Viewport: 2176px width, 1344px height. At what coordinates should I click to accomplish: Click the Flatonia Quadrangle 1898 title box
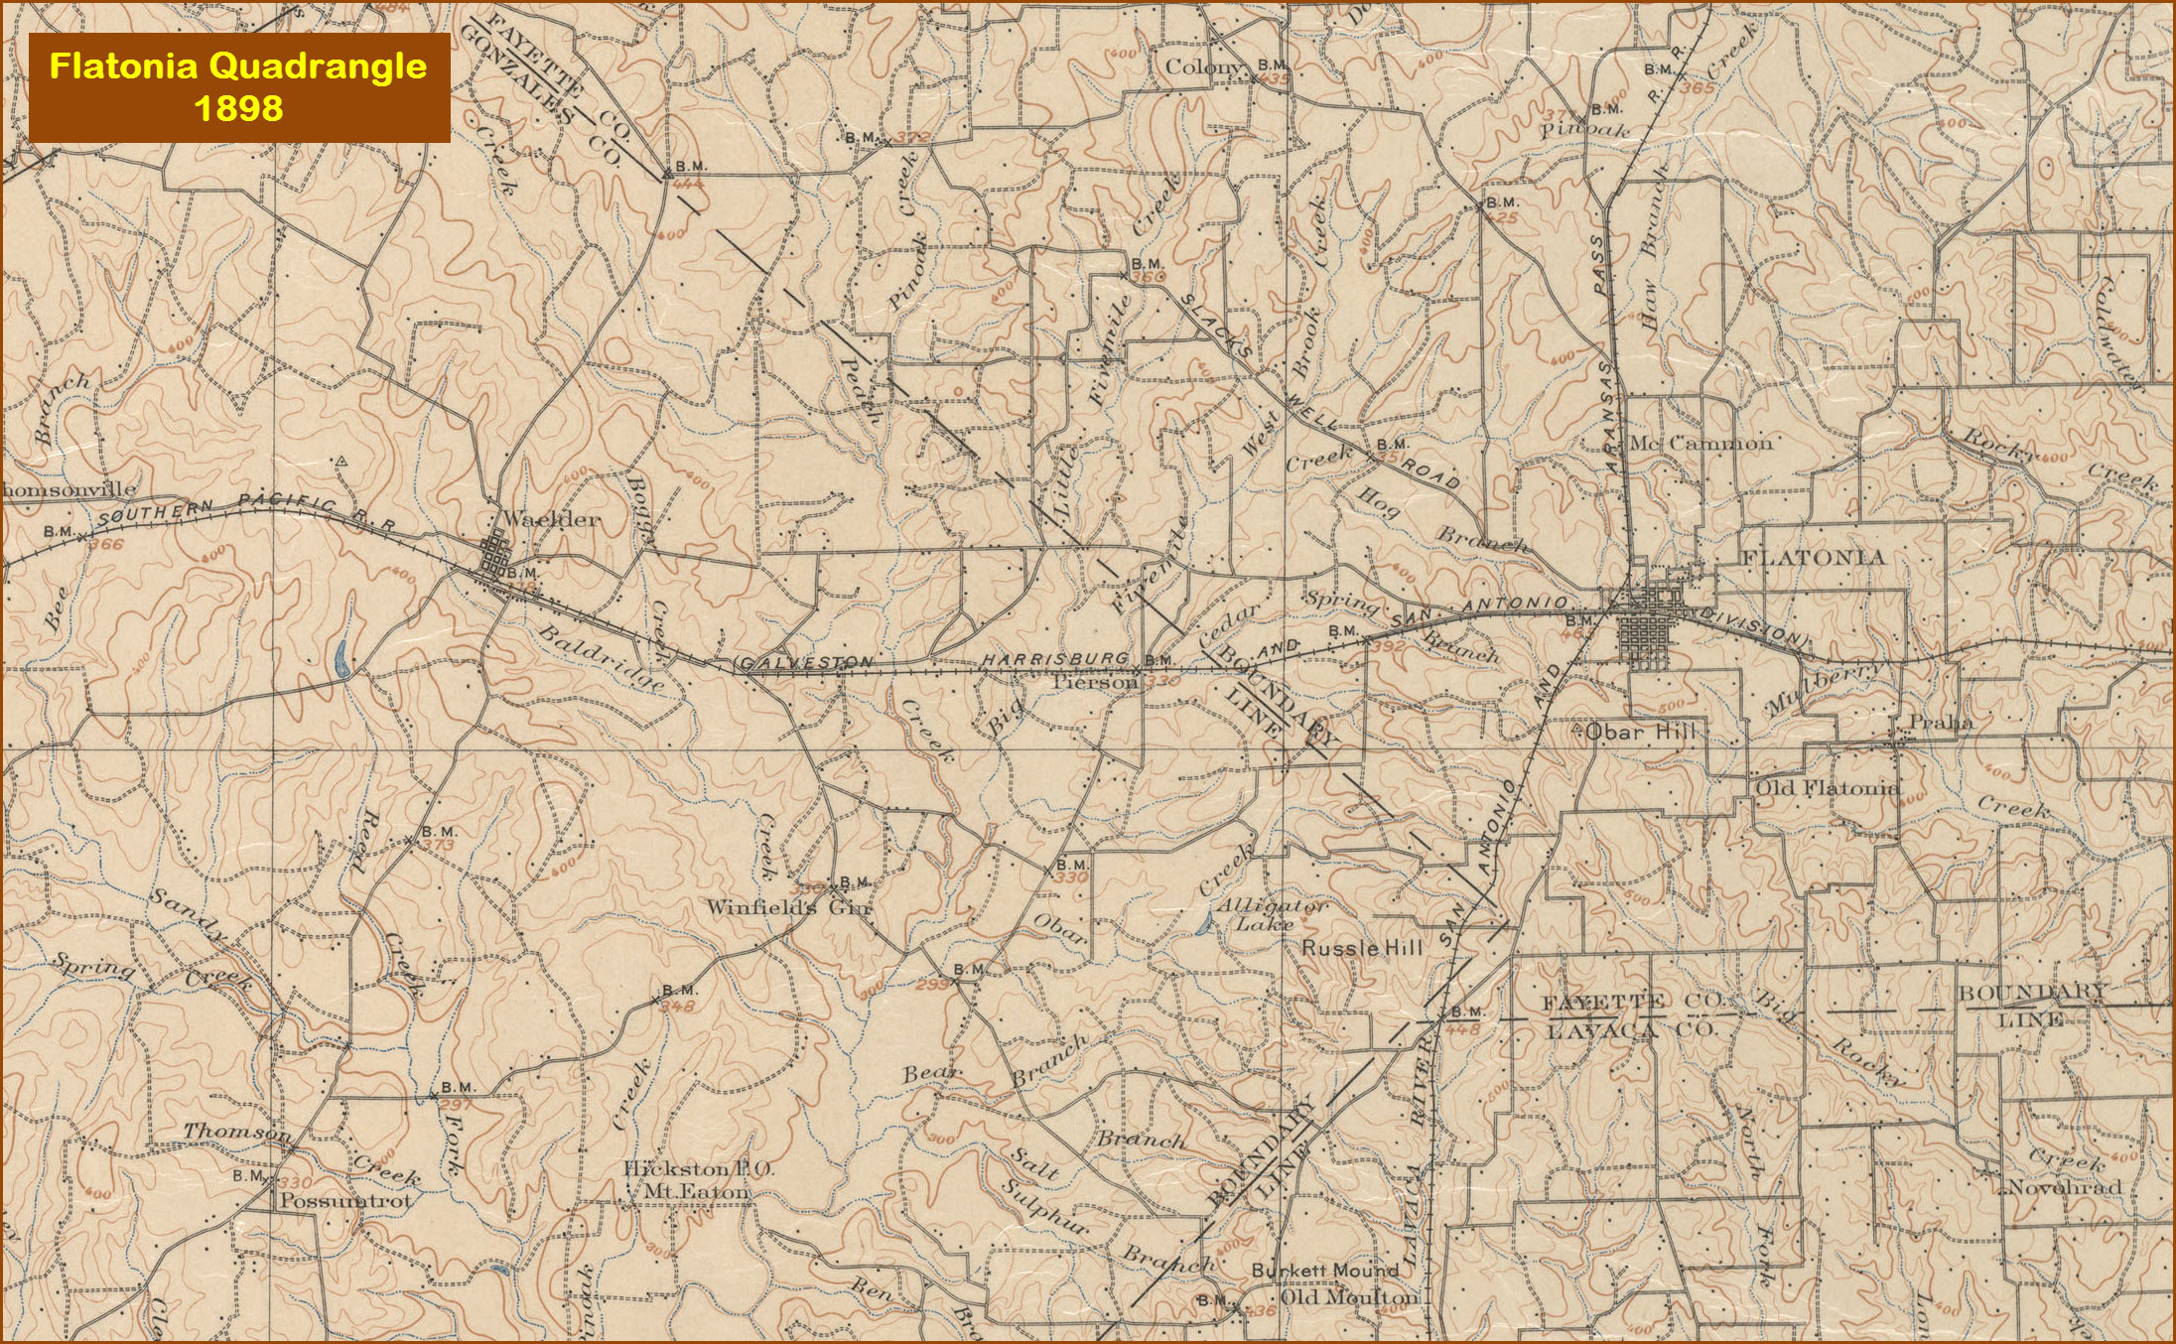[x=238, y=87]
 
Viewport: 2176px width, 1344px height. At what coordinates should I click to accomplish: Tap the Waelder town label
[x=551, y=519]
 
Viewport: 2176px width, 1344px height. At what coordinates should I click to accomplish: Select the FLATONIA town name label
[x=1813, y=558]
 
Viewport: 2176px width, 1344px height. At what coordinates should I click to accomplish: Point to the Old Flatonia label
[x=1827, y=789]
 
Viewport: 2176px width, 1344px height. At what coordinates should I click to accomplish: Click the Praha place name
[x=1941, y=723]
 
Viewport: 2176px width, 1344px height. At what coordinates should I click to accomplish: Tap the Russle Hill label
[x=1362, y=948]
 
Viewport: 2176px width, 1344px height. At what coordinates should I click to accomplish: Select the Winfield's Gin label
[x=788, y=907]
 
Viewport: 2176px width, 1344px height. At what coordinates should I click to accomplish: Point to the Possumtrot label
[x=344, y=1200]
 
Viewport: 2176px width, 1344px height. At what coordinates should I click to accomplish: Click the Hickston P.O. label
[x=698, y=1169]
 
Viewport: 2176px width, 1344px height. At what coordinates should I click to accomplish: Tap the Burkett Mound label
[x=1324, y=1270]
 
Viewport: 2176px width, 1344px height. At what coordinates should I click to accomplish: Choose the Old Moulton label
[x=1349, y=1297]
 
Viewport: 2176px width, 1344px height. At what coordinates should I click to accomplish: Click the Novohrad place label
[x=2065, y=1187]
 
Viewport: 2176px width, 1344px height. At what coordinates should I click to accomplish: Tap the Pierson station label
[x=1095, y=683]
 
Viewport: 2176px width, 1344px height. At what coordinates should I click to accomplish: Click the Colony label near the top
[x=1203, y=67]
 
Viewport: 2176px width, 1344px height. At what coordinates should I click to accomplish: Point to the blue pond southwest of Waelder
[x=340, y=658]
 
